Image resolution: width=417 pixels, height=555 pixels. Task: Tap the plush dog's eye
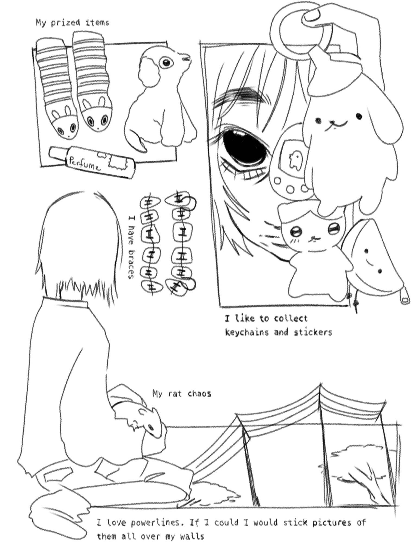[166, 63]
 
